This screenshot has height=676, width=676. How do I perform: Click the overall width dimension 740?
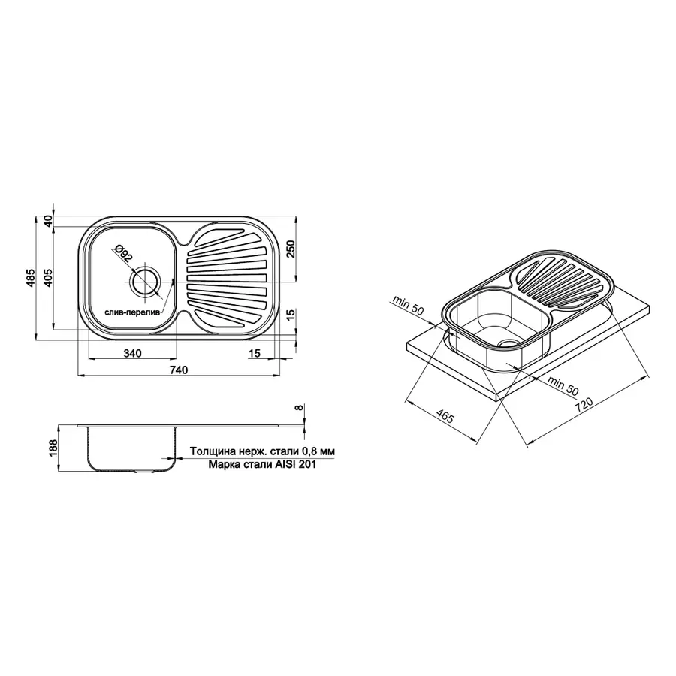[178, 369]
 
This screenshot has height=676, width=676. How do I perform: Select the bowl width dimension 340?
[131, 353]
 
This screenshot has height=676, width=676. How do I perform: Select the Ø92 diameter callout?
[124, 254]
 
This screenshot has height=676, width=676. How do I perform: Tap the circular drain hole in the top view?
[143, 282]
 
